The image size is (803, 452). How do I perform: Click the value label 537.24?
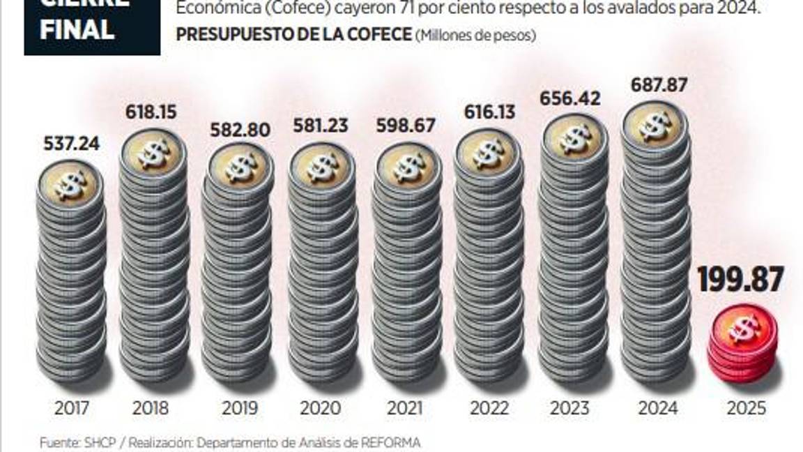pyautogui.click(x=70, y=144)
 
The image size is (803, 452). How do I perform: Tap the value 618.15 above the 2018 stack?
pyautogui.click(x=151, y=111)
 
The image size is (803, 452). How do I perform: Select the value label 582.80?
pyautogui.click(x=238, y=130)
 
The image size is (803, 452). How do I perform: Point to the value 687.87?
pyautogui.click(x=659, y=84)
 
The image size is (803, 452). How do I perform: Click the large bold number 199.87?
pyautogui.click(x=741, y=280)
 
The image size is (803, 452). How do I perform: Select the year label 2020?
pyautogui.click(x=320, y=408)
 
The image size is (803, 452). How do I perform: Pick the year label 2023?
pyautogui.click(x=569, y=408)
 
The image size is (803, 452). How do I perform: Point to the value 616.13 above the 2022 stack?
pyautogui.click(x=488, y=111)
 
